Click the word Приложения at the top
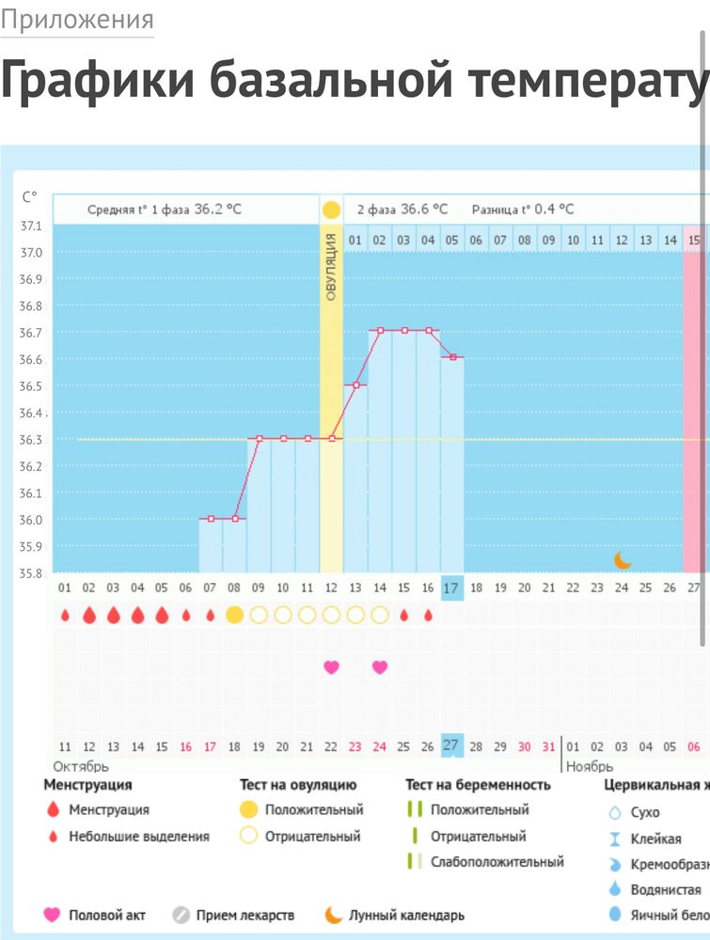pyautogui.click(x=77, y=20)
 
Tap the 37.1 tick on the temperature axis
pyautogui.click(x=32, y=226)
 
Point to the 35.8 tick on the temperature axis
pyautogui.click(x=32, y=572)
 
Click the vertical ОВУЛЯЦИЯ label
pyautogui.click(x=331, y=267)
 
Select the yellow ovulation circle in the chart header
pyautogui.click(x=331, y=209)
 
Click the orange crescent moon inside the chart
pyautogui.click(x=623, y=560)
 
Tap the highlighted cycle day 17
pyautogui.click(x=451, y=587)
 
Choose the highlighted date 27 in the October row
pyautogui.click(x=451, y=745)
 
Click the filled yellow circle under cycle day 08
pyautogui.click(x=234, y=615)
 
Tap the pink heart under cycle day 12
pyautogui.click(x=331, y=667)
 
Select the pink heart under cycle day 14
pyautogui.click(x=380, y=667)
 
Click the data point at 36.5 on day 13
pyautogui.click(x=355, y=384)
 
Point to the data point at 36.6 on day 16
pyautogui.click(x=452, y=357)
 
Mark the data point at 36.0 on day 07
pyautogui.click(x=211, y=518)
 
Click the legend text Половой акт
pyautogui.click(x=107, y=915)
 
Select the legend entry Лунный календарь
pyautogui.click(x=405, y=915)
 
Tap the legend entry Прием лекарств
pyautogui.click(x=245, y=915)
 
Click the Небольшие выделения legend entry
pyautogui.click(x=139, y=836)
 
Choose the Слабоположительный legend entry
pyautogui.click(x=497, y=861)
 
